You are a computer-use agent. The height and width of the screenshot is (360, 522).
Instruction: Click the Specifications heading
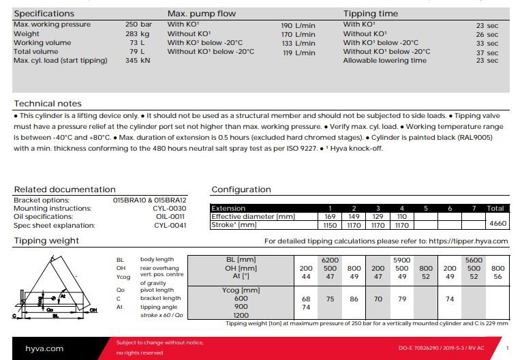point(44,14)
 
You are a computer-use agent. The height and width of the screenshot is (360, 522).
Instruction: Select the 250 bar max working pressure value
point(138,25)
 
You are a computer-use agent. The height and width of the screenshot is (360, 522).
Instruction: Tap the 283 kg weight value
point(138,33)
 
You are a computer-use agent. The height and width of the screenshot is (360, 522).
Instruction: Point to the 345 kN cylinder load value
point(138,60)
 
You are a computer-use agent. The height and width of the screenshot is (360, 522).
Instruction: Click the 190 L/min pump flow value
point(298,25)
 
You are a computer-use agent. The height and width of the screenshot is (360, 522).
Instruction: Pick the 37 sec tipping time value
point(487,52)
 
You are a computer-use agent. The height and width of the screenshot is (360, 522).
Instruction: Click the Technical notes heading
point(48,104)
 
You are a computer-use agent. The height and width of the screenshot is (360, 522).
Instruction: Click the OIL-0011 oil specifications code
point(171,217)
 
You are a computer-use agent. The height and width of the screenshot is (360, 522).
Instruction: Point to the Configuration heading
point(241,190)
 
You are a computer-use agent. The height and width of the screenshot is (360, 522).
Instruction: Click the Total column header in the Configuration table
point(495,209)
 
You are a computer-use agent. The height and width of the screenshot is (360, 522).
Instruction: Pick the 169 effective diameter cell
point(331,216)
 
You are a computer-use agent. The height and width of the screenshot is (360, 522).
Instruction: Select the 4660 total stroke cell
point(497,224)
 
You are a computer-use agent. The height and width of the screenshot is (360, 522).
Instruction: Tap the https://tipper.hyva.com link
point(469,241)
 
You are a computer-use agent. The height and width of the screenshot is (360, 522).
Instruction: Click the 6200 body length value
point(331,260)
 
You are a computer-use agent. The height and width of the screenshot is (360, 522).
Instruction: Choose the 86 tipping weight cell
point(354,299)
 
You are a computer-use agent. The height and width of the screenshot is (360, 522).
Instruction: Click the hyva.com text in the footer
point(44,348)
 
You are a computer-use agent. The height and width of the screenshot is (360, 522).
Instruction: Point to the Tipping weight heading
point(46,241)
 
